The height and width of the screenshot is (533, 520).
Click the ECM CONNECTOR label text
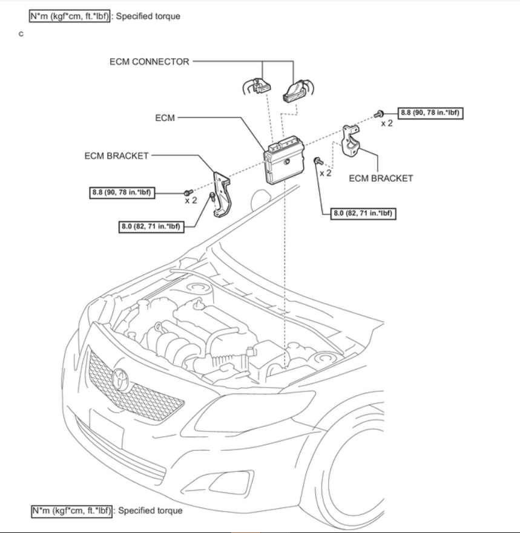coord(149,62)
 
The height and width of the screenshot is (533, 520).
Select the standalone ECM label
coord(165,118)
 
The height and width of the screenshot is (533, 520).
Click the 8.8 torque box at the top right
coord(433,113)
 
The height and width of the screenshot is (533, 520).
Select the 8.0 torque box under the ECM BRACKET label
coord(364,213)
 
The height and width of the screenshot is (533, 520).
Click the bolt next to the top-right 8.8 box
coord(380,113)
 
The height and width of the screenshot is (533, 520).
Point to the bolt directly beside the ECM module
coord(317,161)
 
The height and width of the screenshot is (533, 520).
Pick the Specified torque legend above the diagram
coord(105,16)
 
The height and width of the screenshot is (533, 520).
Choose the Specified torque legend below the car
coord(107,511)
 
